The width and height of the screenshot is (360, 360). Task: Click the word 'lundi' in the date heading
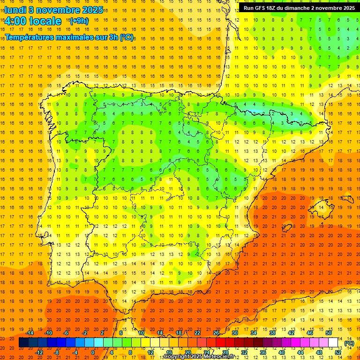click(x=15, y=10)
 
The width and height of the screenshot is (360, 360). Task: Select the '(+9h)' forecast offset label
click(x=78, y=21)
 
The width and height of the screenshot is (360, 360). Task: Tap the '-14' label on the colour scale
click(x=30, y=333)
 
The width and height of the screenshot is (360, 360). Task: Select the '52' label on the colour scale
click(x=338, y=352)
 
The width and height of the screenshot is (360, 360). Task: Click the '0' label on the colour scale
click(x=93, y=352)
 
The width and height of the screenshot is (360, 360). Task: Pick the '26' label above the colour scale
click(x=216, y=333)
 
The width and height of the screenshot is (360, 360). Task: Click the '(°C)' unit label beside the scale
click(x=349, y=343)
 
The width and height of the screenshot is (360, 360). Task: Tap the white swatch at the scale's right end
click(x=333, y=343)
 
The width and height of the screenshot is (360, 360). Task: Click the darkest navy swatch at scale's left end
click(x=23, y=343)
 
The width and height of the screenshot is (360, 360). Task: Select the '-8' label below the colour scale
click(x=57, y=352)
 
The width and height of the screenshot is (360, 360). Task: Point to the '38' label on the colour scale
click(x=272, y=333)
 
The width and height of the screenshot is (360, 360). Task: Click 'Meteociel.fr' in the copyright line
click(x=220, y=357)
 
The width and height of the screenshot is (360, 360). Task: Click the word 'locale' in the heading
click(x=45, y=21)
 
